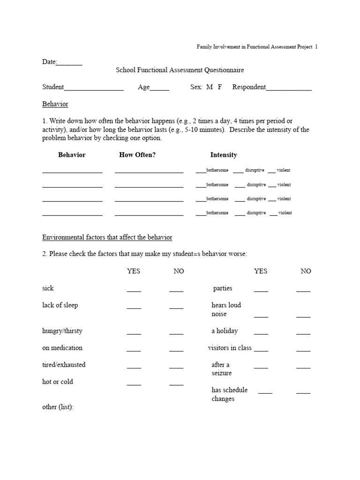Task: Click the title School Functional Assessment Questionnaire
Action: (x=180, y=70)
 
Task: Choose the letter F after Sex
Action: (x=220, y=87)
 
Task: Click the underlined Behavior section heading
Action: (x=55, y=104)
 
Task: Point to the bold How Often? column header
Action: (x=137, y=155)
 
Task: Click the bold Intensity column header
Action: (x=224, y=155)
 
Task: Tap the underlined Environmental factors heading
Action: (x=107, y=238)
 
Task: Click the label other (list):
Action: (x=58, y=407)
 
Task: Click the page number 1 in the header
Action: (x=316, y=47)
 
